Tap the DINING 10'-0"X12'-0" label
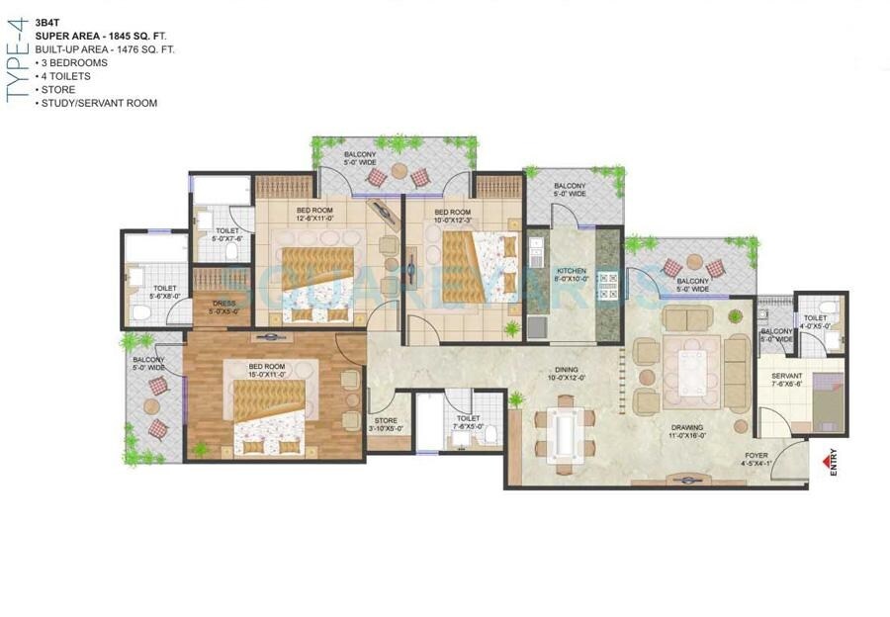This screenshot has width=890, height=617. [570, 375]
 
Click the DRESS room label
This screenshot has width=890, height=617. [223, 306]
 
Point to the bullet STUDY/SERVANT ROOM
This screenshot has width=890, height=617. [99, 103]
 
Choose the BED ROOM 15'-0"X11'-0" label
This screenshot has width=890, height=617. [267, 370]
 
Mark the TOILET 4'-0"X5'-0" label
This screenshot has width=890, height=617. [816, 322]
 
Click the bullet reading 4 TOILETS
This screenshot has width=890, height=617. [65, 76]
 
